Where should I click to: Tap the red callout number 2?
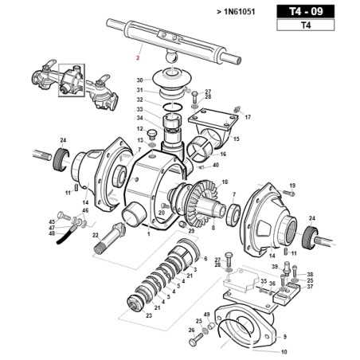tap(138, 57)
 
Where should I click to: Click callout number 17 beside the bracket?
tap(248, 116)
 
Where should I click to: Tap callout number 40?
tap(215, 166)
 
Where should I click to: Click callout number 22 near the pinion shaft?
tap(96, 236)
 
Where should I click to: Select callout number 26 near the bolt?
tap(191, 330)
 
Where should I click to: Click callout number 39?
tap(275, 267)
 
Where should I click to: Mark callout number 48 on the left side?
tap(52, 233)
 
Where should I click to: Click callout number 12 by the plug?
tap(139, 128)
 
